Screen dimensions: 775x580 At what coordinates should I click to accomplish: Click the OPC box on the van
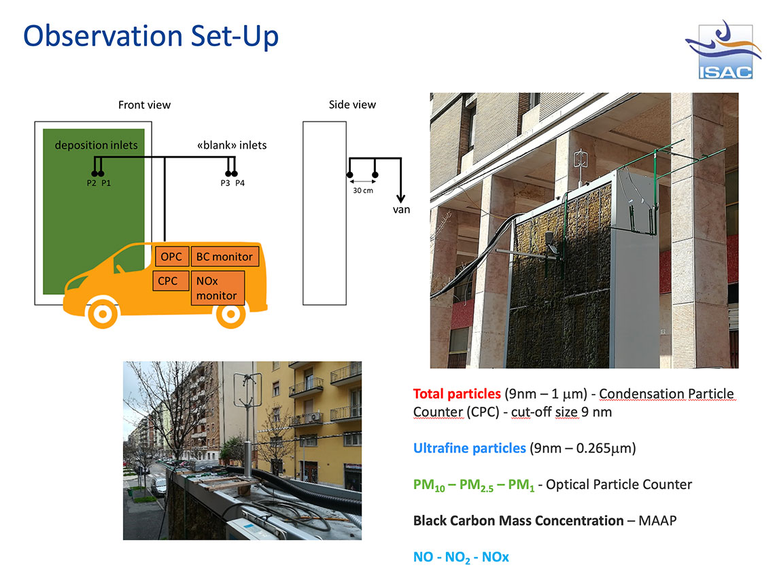171,256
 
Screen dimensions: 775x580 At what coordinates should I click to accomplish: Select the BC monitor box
225,256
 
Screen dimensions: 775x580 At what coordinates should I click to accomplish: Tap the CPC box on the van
171,280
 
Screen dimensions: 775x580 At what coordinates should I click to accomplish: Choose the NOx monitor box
218,288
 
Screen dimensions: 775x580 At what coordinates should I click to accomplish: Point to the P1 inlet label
106,183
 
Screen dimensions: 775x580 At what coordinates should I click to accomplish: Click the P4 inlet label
240,183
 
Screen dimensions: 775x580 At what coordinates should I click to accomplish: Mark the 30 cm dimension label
363,191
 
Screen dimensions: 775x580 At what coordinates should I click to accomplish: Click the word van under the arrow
401,209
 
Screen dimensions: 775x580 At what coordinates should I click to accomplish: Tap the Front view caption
144,105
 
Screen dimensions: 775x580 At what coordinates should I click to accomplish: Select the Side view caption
352,105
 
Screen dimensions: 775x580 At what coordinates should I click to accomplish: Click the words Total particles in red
457,394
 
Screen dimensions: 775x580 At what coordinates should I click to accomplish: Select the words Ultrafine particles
470,448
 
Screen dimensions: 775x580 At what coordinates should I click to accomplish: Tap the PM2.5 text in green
477,486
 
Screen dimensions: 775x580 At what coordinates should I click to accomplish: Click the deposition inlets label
97,145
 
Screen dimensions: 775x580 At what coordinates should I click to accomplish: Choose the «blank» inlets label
232,145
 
